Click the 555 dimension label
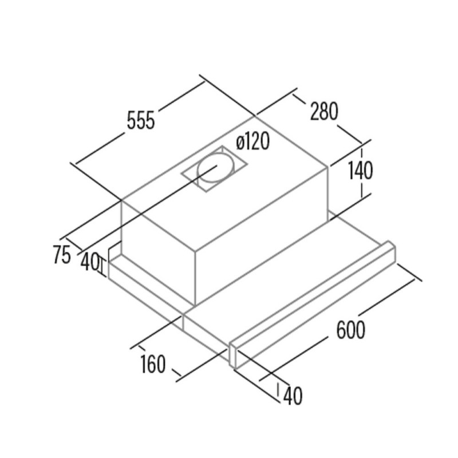click(140, 120)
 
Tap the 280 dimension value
click(323, 111)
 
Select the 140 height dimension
click(361, 170)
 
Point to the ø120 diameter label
click(252, 141)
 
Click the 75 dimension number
click(62, 255)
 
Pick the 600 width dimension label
click(350, 330)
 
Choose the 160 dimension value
click(153, 364)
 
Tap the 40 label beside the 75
click(90, 262)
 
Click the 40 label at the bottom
click(293, 396)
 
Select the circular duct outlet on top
click(216, 170)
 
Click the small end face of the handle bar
click(233, 356)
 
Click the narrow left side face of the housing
click(158, 252)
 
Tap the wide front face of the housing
click(261, 236)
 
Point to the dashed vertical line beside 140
click(362, 173)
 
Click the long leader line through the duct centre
click(148, 209)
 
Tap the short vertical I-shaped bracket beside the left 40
click(102, 265)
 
